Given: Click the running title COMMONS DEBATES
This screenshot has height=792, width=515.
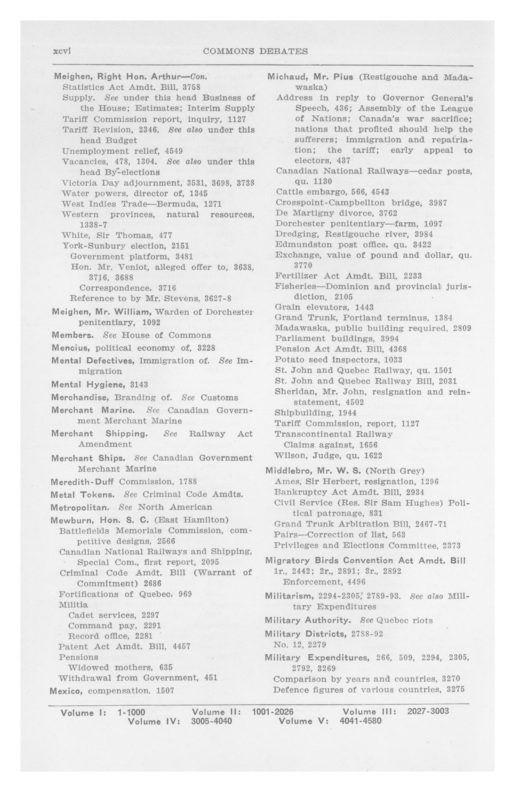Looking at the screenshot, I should point(255,51).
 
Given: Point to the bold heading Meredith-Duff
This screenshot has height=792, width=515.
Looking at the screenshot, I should point(82,482).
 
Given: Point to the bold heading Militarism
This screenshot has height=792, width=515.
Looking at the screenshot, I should point(289,596).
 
